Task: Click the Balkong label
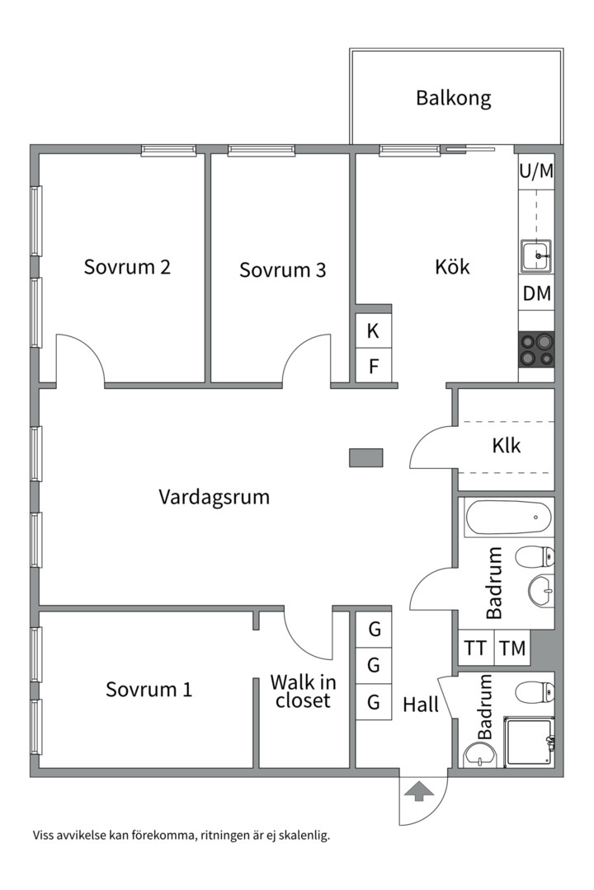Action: pyautogui.click(x=453, y=98)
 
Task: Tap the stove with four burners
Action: pyautogui.click(x=536, y=349)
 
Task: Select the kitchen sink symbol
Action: pyautogui.click(x=536, y=256)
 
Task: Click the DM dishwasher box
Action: pyautogui.click(x=536, y=293)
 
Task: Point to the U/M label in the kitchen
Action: pyautogui.click(x=536, y=171)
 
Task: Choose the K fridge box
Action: pyautogui.click(x=373, y=330)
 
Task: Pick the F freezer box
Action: pyautogui.click(x=373, y=366)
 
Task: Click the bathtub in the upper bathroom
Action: pyautogui.click(x=508, y=517)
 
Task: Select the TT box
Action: pyautogui.click(x=476, y=648)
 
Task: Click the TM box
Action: pyautogui.click(x=512, y=648)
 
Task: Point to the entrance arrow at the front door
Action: pyautogui.click(x=418, y=791)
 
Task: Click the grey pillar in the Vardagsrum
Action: pyautogui.click(x=366, y=457)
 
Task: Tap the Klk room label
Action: pyautogui.click(x=506, y=446)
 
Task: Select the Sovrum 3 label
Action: pyautogui.click(x=282, y=269)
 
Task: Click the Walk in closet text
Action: pyautogui.click(x=303, y=691)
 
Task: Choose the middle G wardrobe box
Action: pyautogui.click(x=374, y=665)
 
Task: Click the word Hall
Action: pyautogui.click(x=421, y=705)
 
